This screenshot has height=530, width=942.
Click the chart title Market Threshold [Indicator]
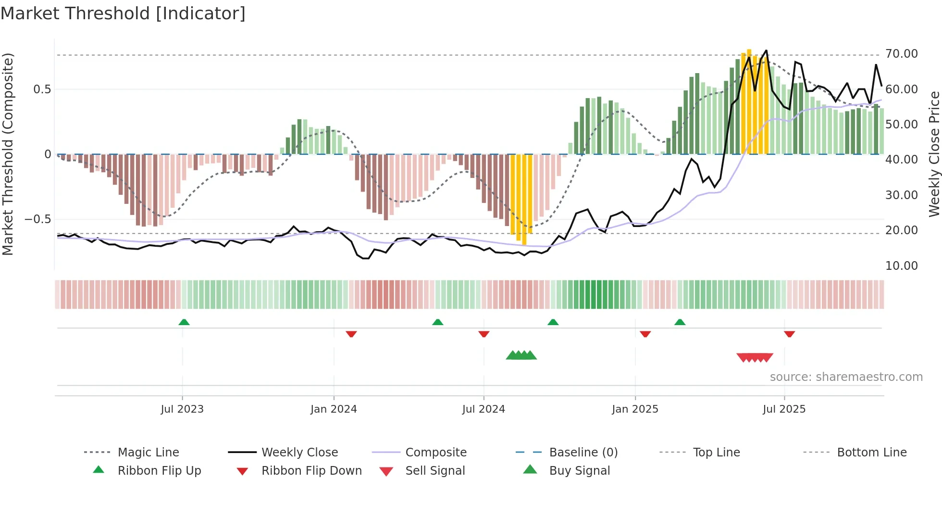tap(123, 13)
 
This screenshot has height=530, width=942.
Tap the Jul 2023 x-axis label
tap(182, 409)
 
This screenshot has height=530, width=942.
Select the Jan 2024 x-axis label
tap(334, 409)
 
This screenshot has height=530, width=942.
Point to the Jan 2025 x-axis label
tap(635, 409)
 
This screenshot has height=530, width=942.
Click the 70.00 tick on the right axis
tap(901, 54)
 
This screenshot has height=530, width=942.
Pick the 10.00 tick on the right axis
tap(901, 266)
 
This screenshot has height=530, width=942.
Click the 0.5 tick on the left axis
tap(42, 89)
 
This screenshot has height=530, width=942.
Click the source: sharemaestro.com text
tap(846, 377)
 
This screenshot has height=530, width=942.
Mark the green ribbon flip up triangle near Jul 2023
tap(184, 322)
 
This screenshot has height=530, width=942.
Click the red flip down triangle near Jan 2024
tap(351, 334)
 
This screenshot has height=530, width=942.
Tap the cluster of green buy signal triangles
tap(521, 355)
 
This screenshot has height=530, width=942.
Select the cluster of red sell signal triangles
tap(755, 357)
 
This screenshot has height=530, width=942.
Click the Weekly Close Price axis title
tap(934, 154)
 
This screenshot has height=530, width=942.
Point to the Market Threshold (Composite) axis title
tap(8, 154)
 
